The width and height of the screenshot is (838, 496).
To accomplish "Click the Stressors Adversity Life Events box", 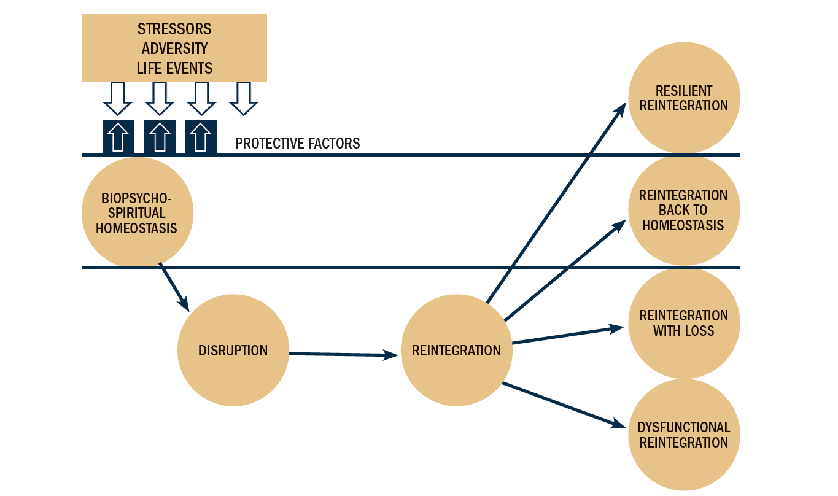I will click(x=174, y=48).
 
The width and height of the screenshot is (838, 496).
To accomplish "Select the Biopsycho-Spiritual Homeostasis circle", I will click(x=137, y=212).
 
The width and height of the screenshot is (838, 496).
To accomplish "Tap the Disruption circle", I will click(x=233, y=351).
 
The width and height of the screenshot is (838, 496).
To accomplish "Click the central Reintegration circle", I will click(x=456, y=351).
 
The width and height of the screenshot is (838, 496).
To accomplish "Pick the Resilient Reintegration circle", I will click(x=683, y=98).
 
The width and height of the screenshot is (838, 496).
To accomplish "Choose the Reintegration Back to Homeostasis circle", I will click(x=683, y=210).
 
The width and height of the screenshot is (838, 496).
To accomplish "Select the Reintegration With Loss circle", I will click(x=683, y=323).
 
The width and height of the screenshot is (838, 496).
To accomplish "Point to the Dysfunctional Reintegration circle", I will click(x=683, y=435).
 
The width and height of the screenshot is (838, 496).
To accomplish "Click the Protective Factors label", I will click(x=297, y=144).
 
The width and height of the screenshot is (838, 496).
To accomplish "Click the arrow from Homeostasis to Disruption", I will click(x=174, y=286).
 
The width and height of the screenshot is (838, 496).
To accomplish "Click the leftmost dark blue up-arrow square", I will click(x=118, y=137).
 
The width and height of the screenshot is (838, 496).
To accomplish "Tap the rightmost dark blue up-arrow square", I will click(x=200, y=137).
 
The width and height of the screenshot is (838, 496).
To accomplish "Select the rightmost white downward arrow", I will click(x=243, y=99).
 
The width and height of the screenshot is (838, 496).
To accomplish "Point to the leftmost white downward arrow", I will click(x=118, y=99).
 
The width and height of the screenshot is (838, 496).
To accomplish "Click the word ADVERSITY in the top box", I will click(x=174, y=48).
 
